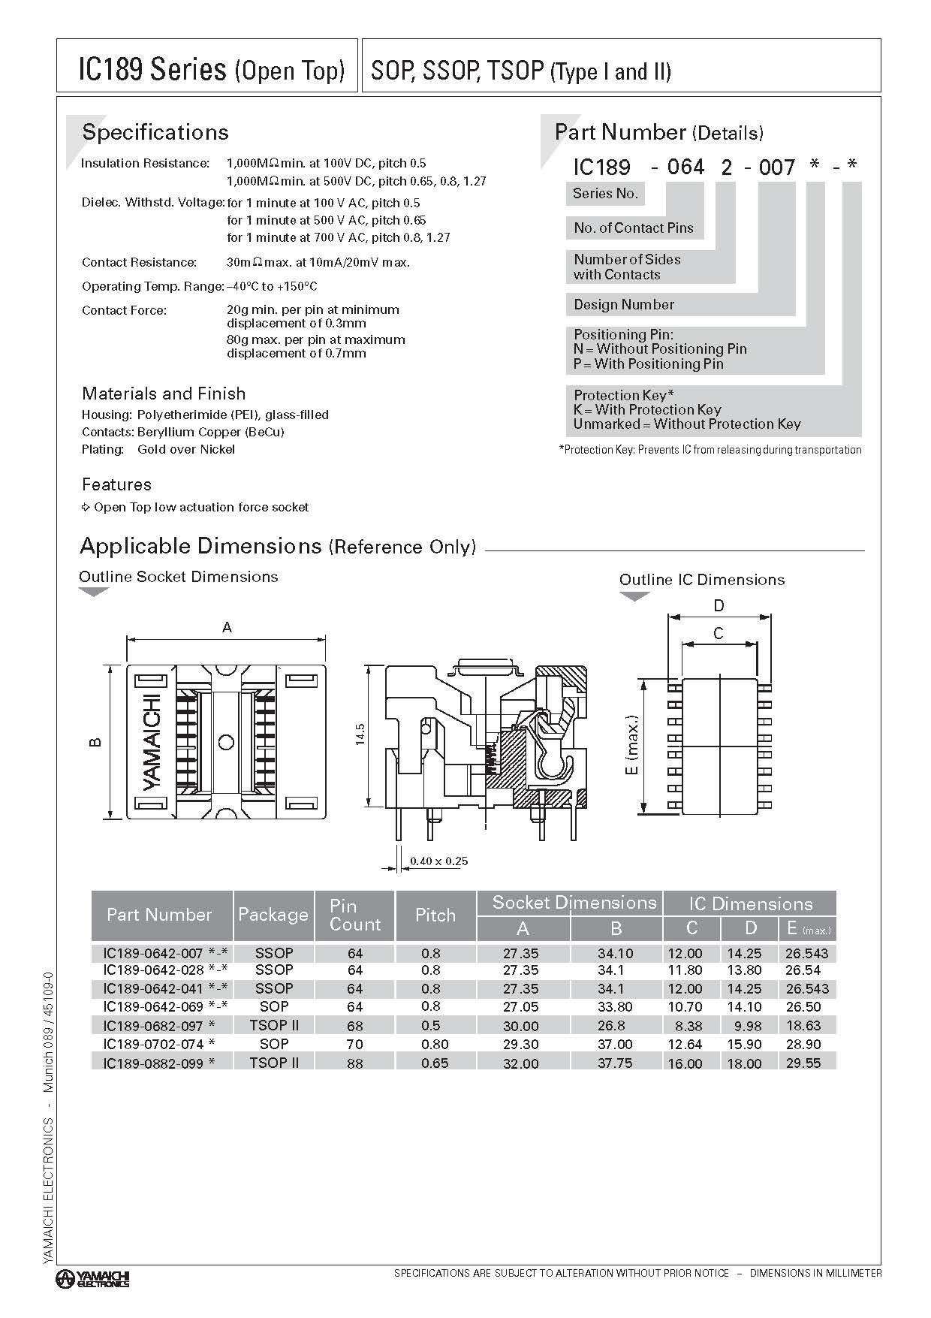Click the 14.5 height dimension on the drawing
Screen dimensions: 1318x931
(360, 734)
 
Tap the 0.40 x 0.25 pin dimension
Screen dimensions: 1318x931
(439, 861)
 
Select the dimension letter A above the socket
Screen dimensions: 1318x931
(227, 627)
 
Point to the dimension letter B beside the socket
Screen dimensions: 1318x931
(95, 742)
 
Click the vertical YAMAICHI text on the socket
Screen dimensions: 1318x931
(152, 742)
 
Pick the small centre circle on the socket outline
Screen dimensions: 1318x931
(225, 743)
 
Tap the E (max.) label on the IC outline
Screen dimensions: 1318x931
(631, 745)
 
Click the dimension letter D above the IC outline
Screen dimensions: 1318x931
(719, 606)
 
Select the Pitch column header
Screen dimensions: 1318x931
(435, 915)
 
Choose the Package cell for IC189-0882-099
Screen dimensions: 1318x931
(274, 1063)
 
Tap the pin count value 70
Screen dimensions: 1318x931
(355, 1044)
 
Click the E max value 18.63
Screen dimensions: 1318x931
(803, 1026)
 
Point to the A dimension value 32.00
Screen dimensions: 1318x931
(521, 1063)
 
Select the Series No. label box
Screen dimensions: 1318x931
(605, 194)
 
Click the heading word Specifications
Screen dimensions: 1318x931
(155, 132)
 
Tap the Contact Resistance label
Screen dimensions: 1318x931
(139, 262)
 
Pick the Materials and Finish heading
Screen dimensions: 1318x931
(164, 394)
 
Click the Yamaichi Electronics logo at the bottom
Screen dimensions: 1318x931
(93, 1279)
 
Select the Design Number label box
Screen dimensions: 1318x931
(624, 305)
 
